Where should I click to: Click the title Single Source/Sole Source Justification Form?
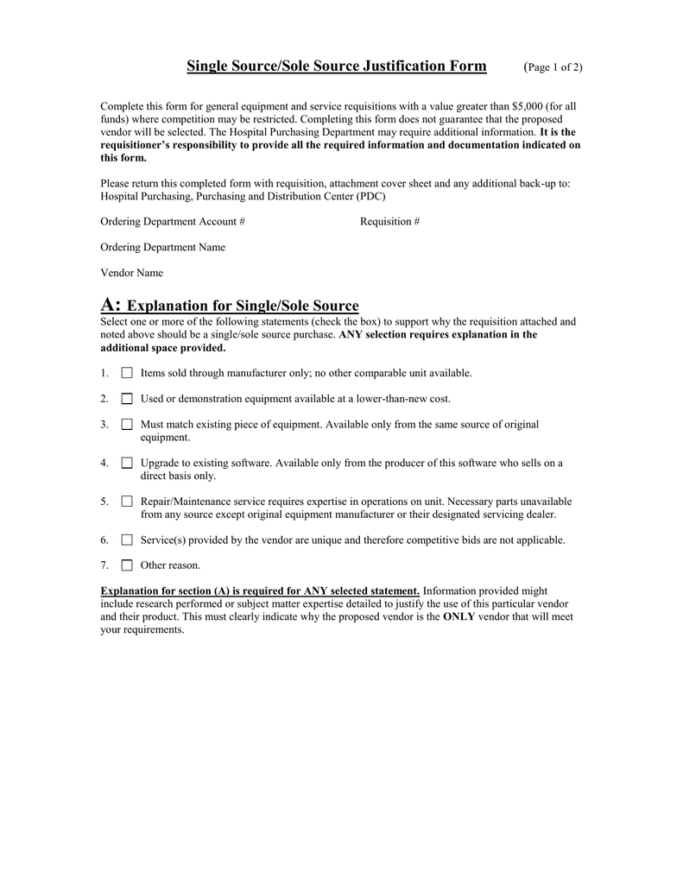coord(337,66)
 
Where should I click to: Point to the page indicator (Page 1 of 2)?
coord(553,67)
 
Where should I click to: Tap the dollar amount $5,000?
coord(528,106)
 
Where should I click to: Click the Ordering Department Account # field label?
coord(173,222)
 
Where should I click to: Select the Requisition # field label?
coord(389,222)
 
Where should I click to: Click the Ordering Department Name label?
coord(163,248)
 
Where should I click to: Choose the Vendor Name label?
coord(132,273)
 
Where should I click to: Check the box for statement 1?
coord(127,373)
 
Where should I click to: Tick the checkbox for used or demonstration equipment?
coord(127,399)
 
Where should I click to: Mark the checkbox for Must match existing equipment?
coord(127,425)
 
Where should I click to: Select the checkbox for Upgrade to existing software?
coord(127,463)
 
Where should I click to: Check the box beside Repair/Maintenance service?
coord(127,502)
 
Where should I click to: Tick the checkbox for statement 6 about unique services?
coord(127,540)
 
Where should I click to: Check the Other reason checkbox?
coord(127,565)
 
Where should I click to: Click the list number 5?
coord(104,502)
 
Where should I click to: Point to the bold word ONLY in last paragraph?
coord(458,617)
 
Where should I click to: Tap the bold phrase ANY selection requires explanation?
coord(439,335)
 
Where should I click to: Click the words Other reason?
coord(170,565)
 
